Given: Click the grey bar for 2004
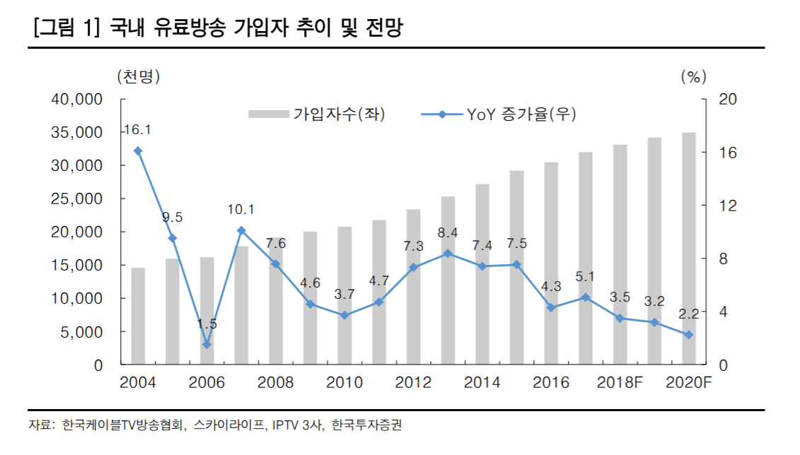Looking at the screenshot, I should (138, 317).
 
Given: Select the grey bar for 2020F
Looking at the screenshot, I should (688, 249).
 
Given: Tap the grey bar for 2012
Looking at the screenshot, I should (413, 287).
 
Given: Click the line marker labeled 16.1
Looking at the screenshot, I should (138, 150).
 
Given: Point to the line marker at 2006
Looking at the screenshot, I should (207, 345).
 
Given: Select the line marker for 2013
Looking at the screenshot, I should (448, 253).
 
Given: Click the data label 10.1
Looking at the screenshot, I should (241, 209).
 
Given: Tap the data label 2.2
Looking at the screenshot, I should (688, 313).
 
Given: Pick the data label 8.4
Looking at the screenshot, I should (448, 232).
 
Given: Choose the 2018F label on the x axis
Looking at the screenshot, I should (620, 383).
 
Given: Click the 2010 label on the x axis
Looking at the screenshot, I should (344, 383).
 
